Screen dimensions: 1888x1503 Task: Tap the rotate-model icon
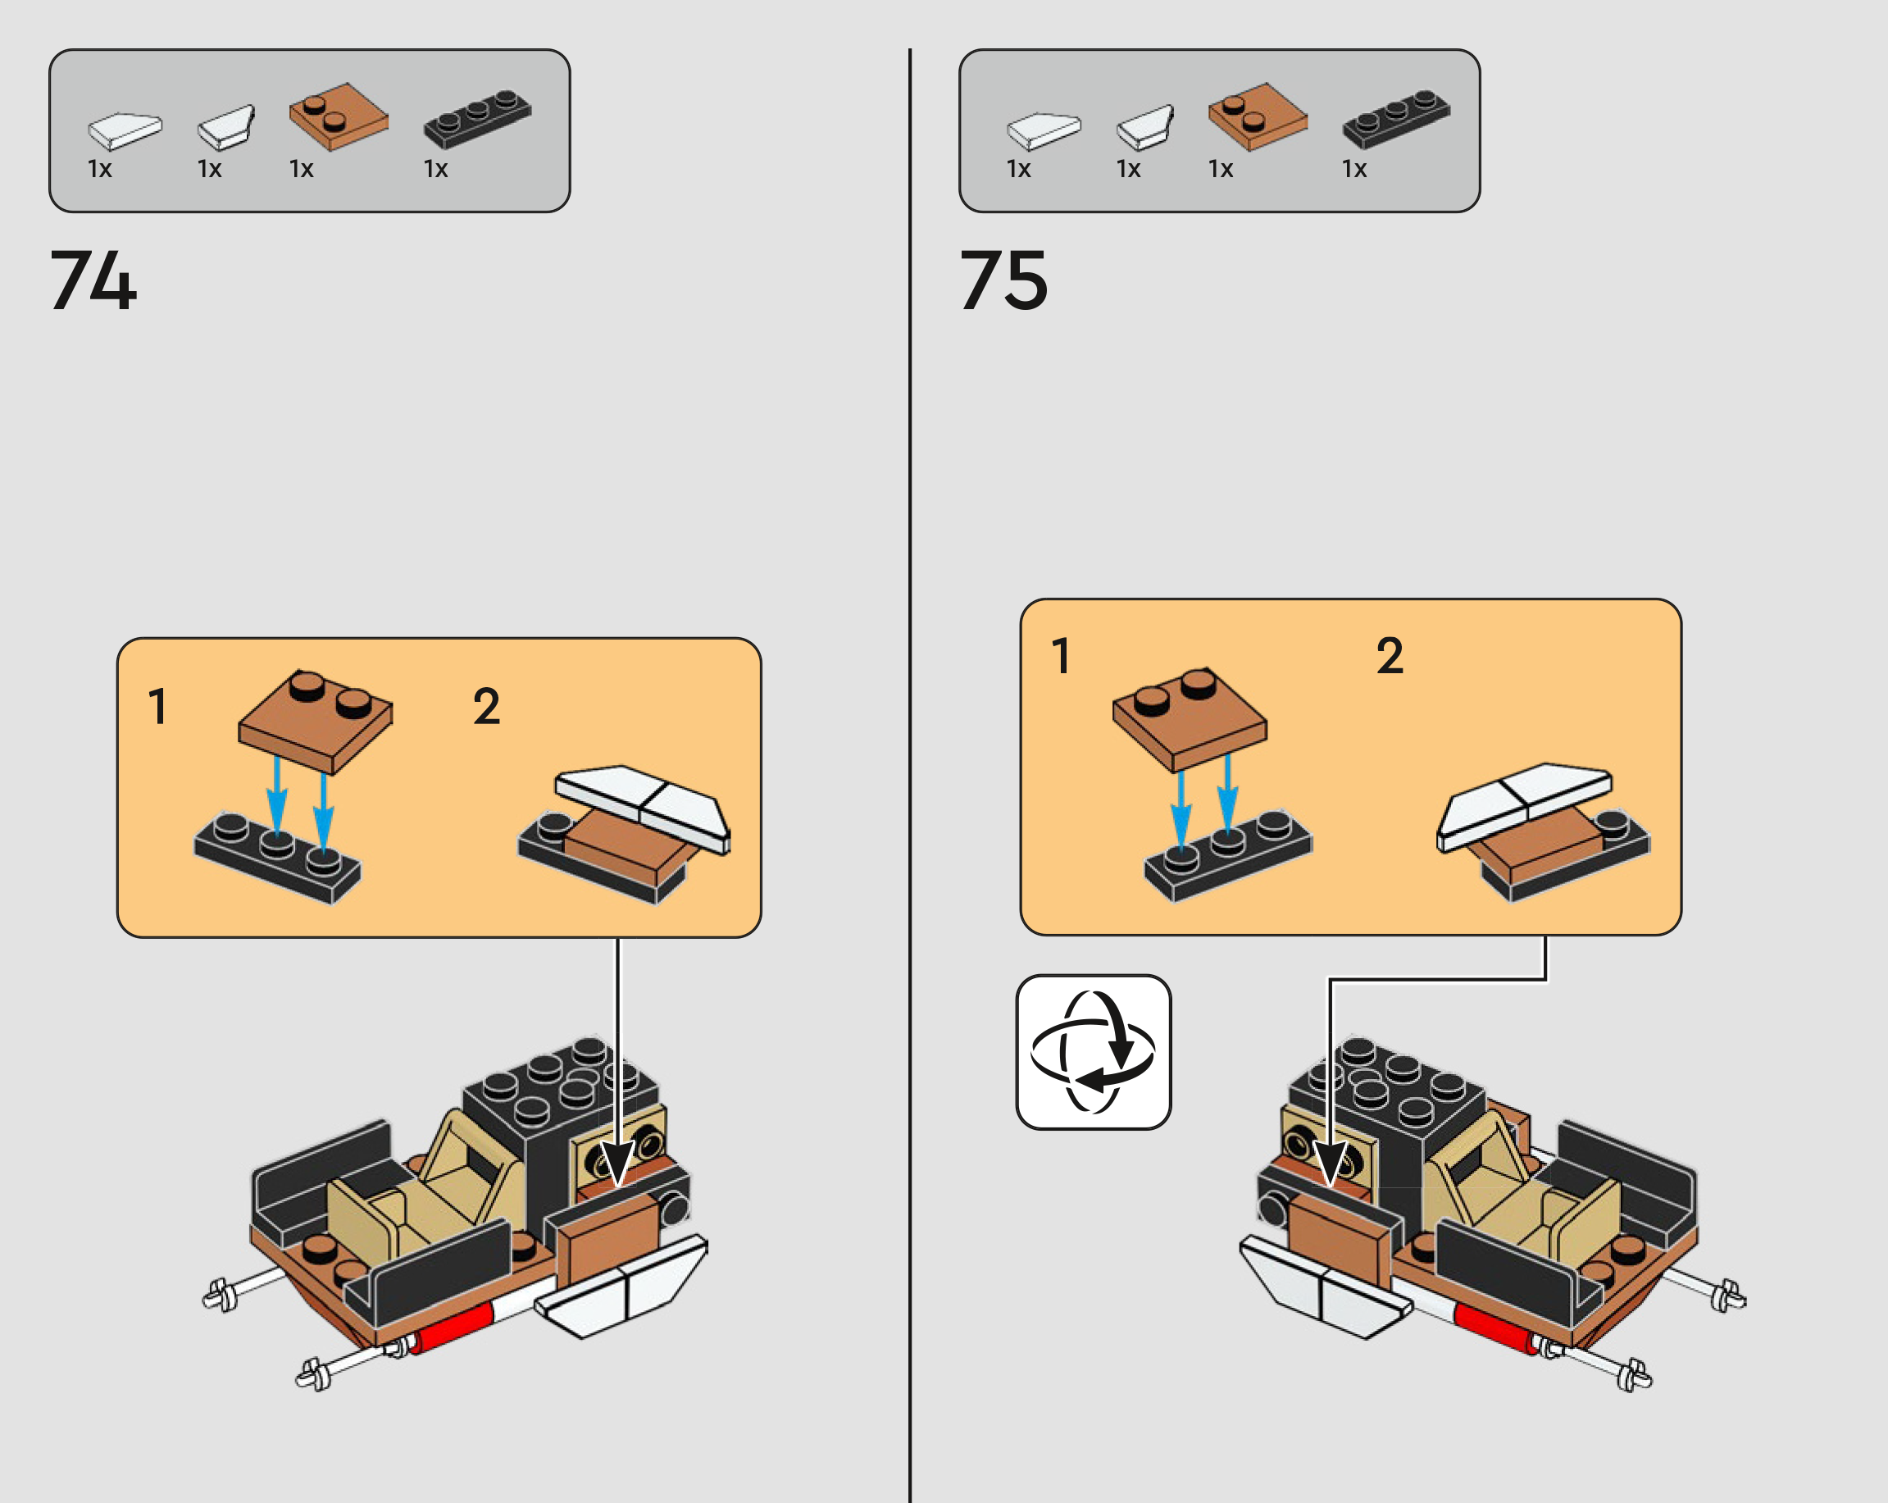pyautogui.click(x=1093, y=1052)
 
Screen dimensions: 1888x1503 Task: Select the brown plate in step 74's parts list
pyautogui.click(x=339, y=116)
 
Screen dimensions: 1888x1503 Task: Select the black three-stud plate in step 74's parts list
pyautogui.click(x=477, y=118)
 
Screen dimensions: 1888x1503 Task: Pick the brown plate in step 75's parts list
pyautogui.click(x=1258, y=116)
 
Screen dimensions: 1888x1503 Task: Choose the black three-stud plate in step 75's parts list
pyautogui.click(x=1396, y=118)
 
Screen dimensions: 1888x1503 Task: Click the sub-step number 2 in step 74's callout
pyautogui.click(x=487, y=707)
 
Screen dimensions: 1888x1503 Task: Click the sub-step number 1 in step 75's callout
pyautogui.click(x=1062, y=656)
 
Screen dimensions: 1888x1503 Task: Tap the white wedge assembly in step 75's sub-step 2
pyautogui.click(x=1524, y=806)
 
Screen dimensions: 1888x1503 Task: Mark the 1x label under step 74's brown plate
pyautogui.click(x=301, y=169)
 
